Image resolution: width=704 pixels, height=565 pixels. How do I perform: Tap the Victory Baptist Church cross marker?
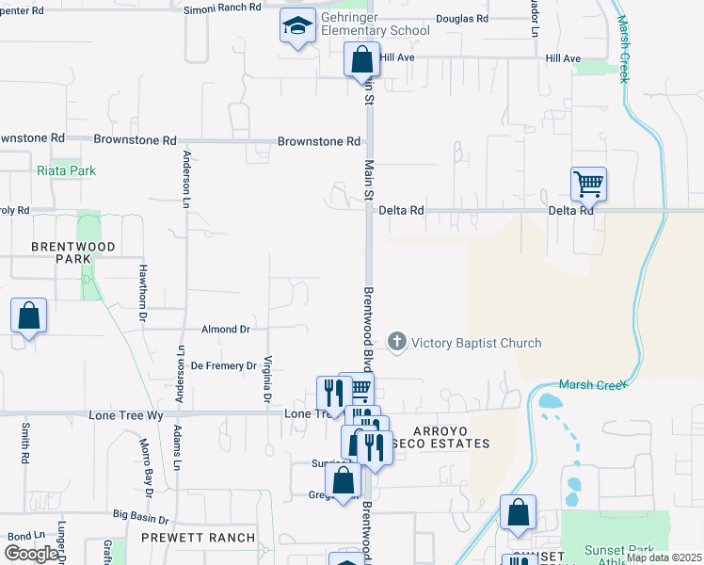coord(397,343)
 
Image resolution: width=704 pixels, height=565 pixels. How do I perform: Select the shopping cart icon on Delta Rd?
coord(588,185)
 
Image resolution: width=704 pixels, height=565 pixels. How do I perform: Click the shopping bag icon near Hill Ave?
coord(361,60)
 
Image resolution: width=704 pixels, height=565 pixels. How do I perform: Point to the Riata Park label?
coord(67,171)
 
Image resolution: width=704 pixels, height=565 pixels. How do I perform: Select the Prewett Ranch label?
coord(198,538)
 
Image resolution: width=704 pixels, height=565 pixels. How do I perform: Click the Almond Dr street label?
coord(226,330)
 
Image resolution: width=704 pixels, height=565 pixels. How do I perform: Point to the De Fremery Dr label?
coord(224,365)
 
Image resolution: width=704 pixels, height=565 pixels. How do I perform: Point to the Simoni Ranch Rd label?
coord(223,8)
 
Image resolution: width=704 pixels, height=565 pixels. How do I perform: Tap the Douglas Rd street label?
coord(462,19)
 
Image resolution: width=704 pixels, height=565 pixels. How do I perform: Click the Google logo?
coord(31,554)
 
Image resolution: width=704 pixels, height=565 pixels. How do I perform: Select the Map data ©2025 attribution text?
coord(664,557)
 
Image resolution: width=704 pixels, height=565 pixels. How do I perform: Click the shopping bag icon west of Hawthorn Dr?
coord(29,316)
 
